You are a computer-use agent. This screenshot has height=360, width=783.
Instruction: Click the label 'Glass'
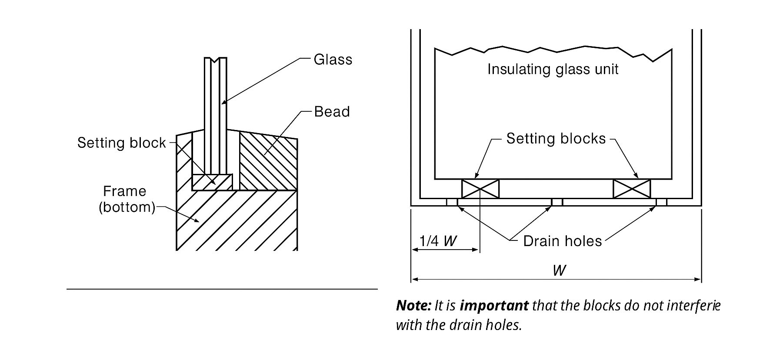333,60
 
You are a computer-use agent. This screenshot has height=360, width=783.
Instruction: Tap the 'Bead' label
332,112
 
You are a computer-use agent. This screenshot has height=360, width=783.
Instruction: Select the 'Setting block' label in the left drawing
121,143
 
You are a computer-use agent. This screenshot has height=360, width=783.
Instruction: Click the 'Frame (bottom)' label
127,199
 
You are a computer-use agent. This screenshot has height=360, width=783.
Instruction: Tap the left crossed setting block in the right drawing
480,189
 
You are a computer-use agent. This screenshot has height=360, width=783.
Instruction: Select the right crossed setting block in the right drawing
631,189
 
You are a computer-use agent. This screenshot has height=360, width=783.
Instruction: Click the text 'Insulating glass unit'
553,69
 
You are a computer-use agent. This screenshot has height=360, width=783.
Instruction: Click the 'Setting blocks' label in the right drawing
556,139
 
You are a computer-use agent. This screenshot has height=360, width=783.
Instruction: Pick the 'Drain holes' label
562,241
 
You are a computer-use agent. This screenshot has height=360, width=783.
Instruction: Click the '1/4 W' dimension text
438,241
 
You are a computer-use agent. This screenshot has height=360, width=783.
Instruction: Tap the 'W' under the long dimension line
559,270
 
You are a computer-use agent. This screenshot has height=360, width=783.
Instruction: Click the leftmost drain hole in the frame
452,202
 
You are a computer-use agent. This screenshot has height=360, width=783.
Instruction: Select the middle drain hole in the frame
557,202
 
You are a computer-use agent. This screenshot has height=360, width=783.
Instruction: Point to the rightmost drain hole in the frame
661,202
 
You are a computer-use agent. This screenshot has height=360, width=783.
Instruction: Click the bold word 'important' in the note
494,306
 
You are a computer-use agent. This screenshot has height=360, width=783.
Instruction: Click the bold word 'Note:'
413,306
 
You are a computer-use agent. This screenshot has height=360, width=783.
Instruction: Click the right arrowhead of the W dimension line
698,280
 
